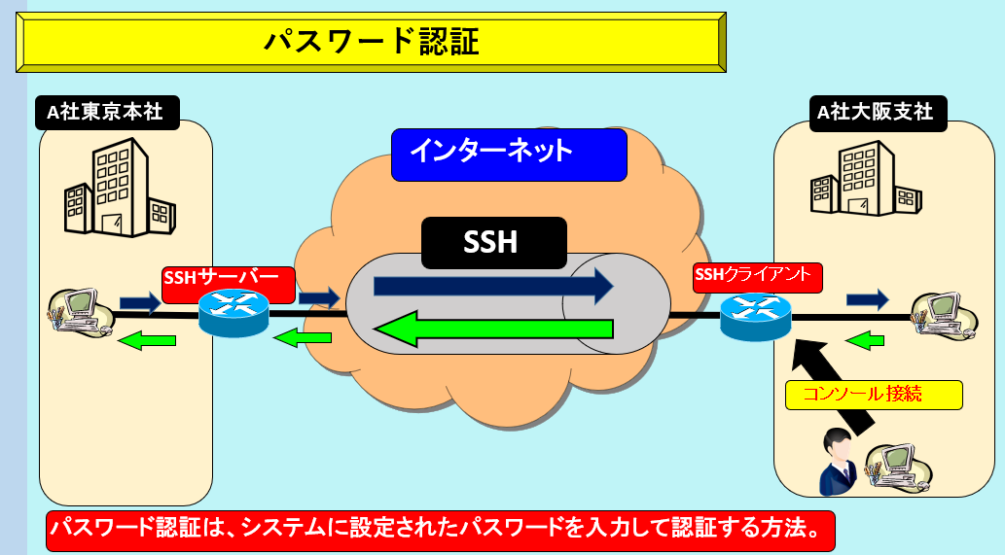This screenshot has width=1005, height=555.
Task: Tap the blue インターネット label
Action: (508, 154)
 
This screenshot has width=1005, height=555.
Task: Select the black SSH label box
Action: (493, 242)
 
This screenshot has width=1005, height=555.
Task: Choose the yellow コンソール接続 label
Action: (874, 395)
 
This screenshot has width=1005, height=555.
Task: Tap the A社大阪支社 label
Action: (874, 112)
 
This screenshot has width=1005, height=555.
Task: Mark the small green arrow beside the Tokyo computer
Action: (147, 339)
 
